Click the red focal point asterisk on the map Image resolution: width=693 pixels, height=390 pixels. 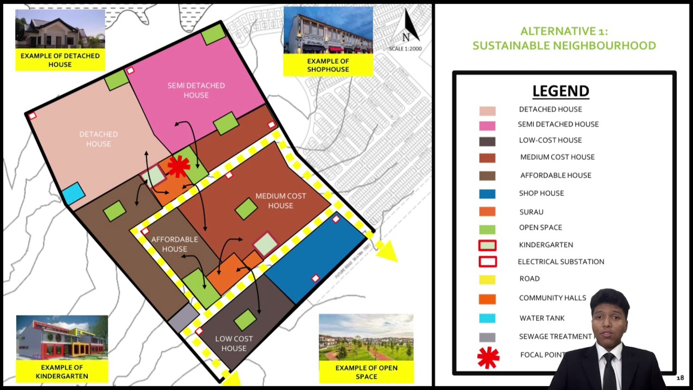[178, 166]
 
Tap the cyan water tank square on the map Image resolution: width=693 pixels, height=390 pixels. [73, 193]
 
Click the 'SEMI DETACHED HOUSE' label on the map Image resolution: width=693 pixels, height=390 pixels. [196, 90]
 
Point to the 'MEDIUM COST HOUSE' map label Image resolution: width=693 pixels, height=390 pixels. [280, 200]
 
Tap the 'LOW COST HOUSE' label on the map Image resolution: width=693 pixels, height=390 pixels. [234, 343]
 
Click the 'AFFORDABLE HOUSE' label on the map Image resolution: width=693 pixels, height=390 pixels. [174, 244]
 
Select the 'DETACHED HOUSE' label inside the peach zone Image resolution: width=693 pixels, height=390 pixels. [99, 139]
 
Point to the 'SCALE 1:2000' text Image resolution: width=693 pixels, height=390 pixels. [405, 49]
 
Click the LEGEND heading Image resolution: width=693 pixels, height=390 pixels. [560, 91]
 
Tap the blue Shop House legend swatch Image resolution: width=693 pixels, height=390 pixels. [487, 194]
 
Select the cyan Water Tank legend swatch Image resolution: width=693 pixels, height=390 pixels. [487, 318]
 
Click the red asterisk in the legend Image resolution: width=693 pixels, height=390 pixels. [488, 357]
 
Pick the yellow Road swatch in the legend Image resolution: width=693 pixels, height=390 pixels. [487, 279]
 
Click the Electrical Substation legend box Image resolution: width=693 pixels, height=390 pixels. [487, 262]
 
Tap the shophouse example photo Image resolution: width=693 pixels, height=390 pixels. [328, 30]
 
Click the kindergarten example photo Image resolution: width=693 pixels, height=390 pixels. [62, 339]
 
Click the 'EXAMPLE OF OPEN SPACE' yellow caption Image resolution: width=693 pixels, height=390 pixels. [367, 372]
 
